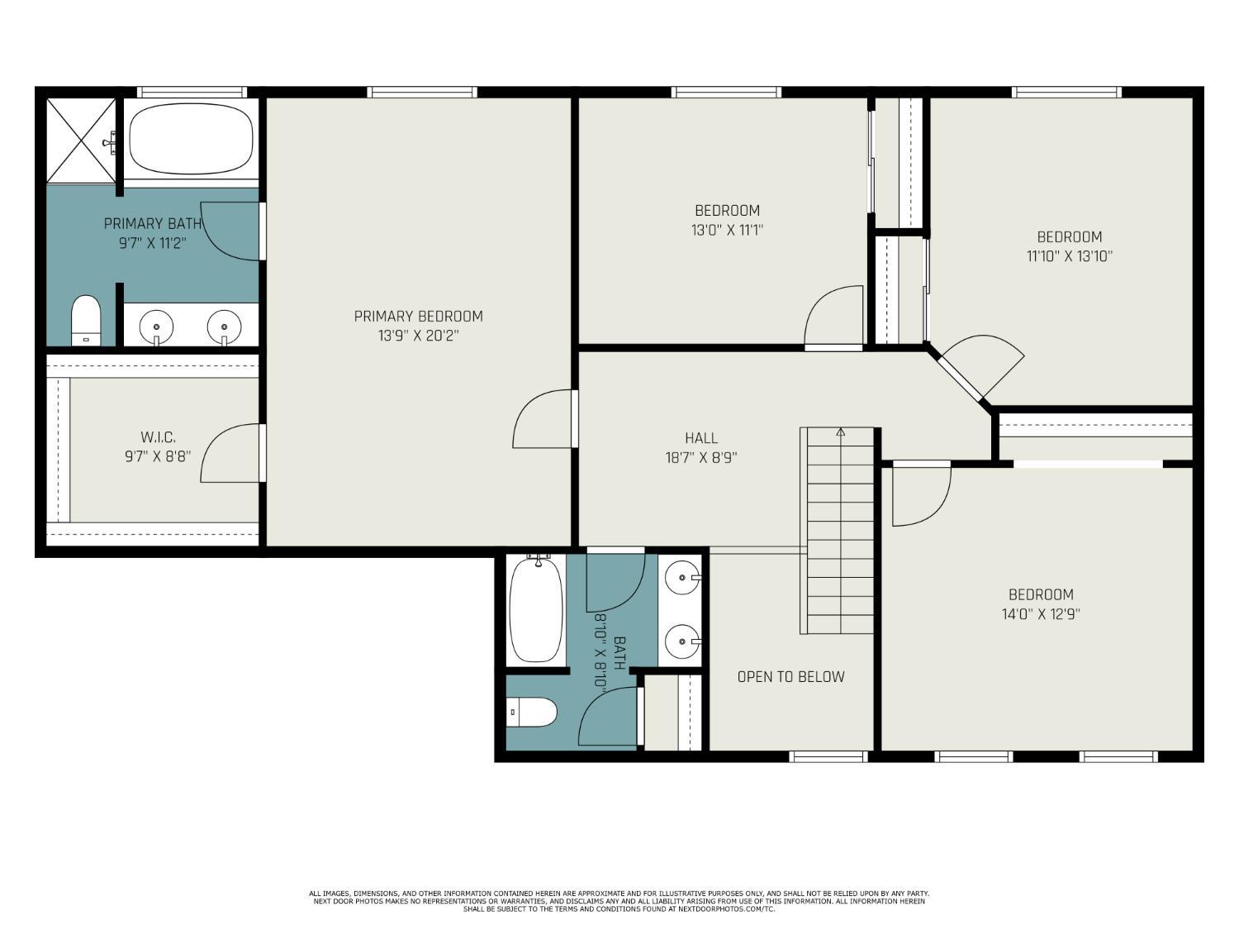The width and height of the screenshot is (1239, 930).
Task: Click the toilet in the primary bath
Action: pyautogui.click(x=86, y=320)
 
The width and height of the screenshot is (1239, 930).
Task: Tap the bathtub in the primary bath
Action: pyautogui.click(x=191, y=139)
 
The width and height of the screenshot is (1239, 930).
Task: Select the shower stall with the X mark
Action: pyautogui.click(x=81, y=140)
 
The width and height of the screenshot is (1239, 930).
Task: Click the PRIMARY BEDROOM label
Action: pyautogui.click(x=418, y=317)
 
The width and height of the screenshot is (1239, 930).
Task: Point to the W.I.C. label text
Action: pyautogui.click(x=158, y=437)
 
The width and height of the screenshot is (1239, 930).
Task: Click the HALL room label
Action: pyautogui.click(x=701, y=438)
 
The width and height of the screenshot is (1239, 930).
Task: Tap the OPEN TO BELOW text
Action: pyautogui.click(x=790, y=676)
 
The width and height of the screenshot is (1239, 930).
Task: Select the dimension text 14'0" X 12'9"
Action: pyautogui.click(x=1040, y=614)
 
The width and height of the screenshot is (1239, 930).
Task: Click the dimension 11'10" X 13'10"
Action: pyautogui.click(x=1069, y=256)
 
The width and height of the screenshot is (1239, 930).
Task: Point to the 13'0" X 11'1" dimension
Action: pyautogui.click(x=727, y=231)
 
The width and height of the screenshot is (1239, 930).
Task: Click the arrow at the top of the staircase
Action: pyautogui.click(x=841, y=432)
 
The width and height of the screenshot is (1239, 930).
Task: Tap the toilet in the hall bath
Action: pyautogui.click(x=532, y=712)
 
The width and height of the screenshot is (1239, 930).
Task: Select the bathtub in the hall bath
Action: pyautogui.click(x=536, y=609)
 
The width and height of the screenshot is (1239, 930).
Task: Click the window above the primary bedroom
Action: pyautogui.click(x=421, y=92)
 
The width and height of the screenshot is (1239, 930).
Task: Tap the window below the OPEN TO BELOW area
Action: pyautogui.click(x=828, y=756)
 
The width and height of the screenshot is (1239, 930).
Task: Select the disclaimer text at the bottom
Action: pyautogui.click(x=619, y=901)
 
